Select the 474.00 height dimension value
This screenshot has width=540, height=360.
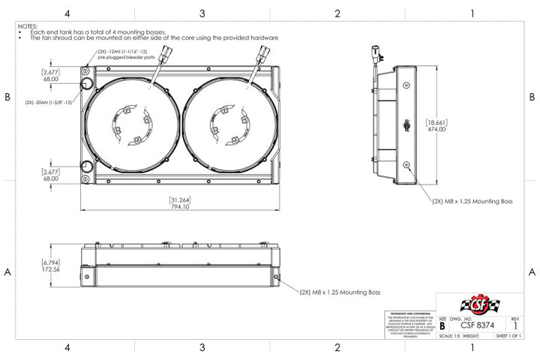[x=436, y=130]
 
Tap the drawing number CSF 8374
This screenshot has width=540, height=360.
[x=477, y=325]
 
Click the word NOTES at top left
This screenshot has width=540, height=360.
[x=27, y=25]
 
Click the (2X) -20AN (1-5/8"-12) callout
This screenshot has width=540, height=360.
[x=48, y=102]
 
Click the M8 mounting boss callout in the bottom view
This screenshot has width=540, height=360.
[x=340, y=292]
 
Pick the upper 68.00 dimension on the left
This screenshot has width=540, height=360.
[x=50, y=78]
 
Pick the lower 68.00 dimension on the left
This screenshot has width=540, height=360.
[x=50, y=179]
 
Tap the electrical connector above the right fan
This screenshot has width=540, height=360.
[x=263, y=54]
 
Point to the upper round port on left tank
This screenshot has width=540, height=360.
[x=86, y=82]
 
